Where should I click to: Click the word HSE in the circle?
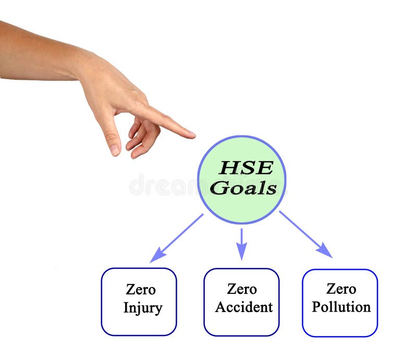tap(245, 167)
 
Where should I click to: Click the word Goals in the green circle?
tap(243, 188)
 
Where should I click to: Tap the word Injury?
tap(142, 308)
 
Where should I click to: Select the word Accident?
tap(243, 307)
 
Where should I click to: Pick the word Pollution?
tap(341, 307)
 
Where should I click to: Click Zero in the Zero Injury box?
tap(141, 290)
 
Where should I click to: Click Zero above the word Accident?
tap(242, 289)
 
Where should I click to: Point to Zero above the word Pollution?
tap(341, 289)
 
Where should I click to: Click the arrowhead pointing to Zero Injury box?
tap(157, 256)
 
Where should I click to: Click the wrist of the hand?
tap(78, 65)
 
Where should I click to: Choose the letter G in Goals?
tap(219, 188)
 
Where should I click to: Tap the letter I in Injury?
tap(126, 308)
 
